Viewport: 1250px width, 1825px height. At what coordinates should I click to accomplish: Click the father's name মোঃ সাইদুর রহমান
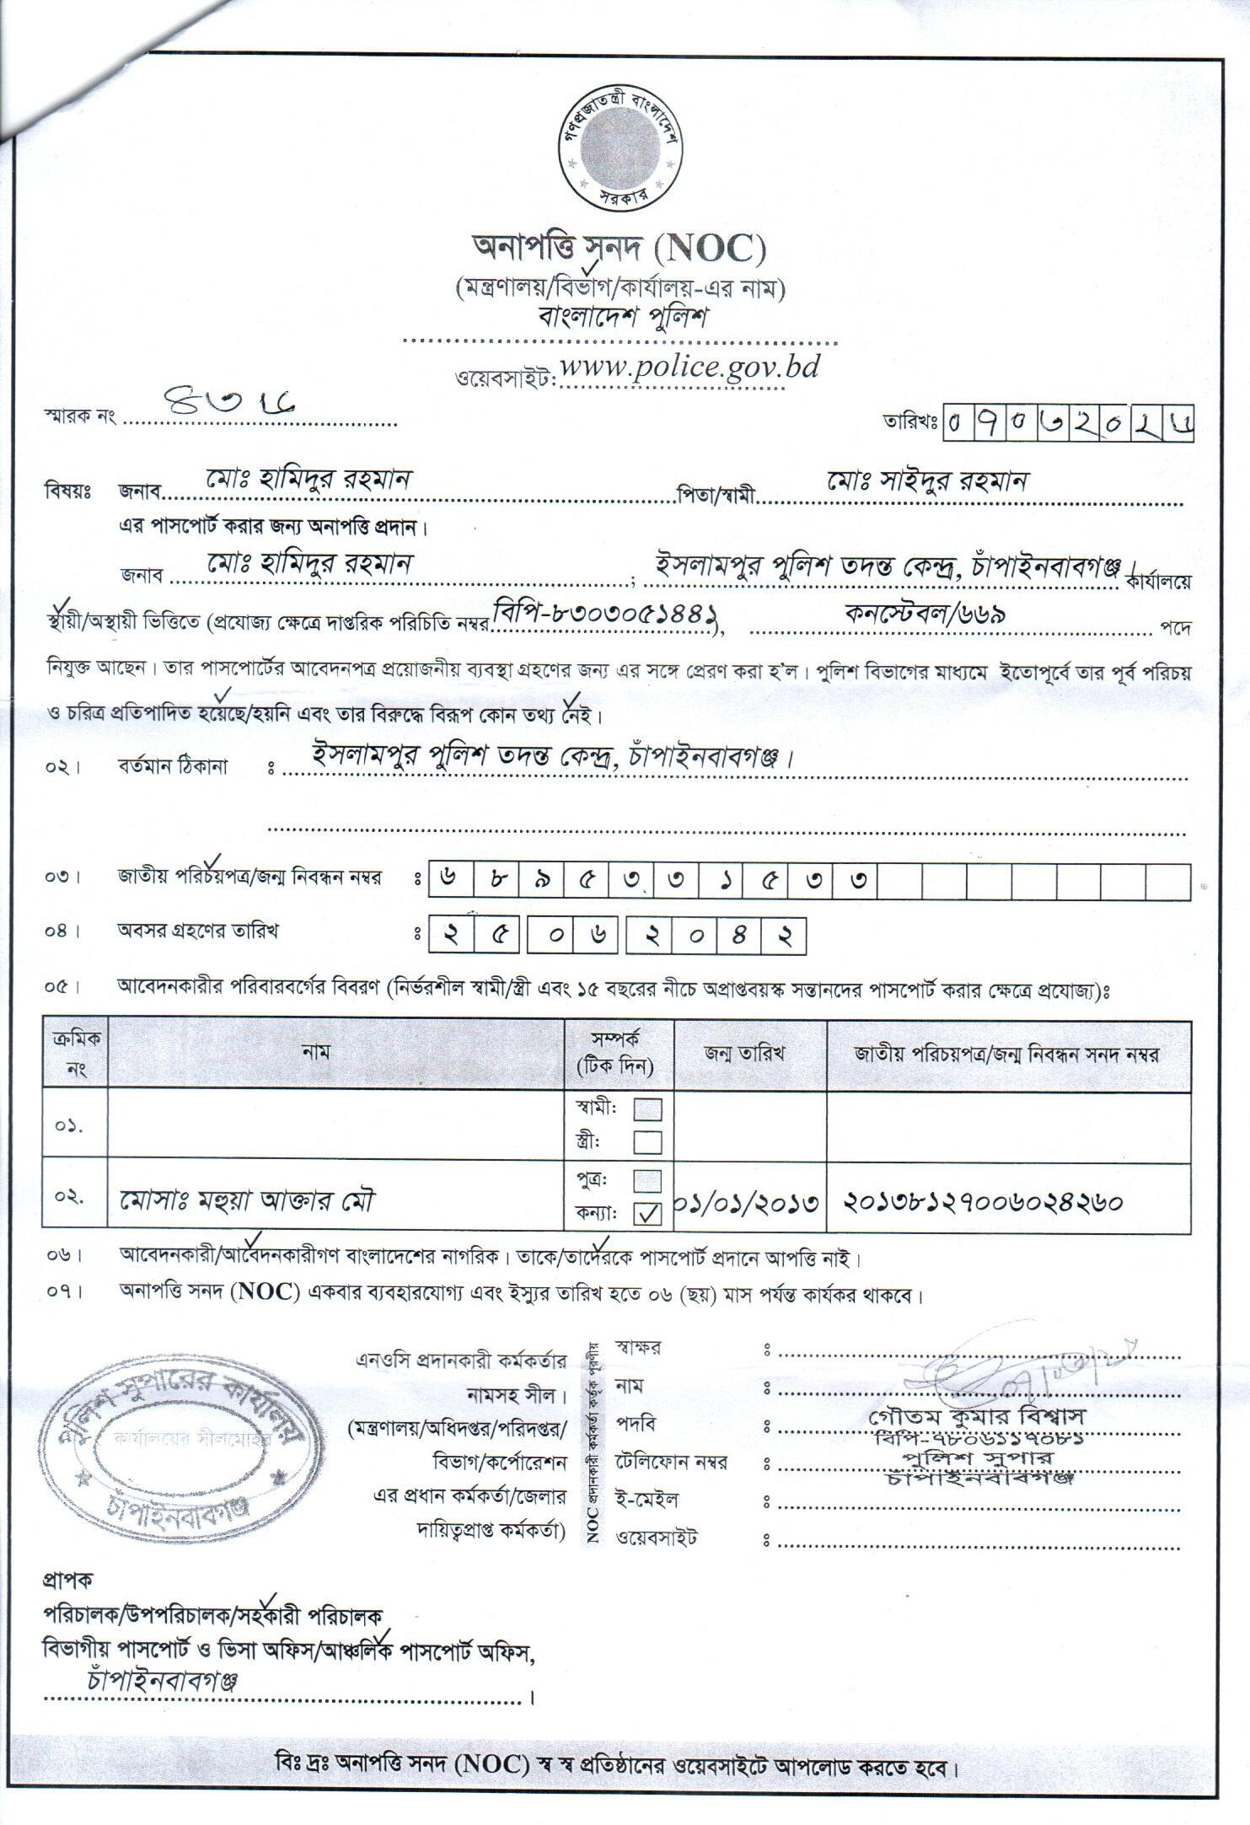click(x=927, y=481)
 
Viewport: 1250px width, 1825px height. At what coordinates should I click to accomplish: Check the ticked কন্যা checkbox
click(x=647, y=1214)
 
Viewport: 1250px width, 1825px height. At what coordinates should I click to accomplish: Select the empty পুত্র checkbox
click(x=647, y=1180)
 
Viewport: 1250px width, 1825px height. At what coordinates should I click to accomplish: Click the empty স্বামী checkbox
click(x=647, y=1109)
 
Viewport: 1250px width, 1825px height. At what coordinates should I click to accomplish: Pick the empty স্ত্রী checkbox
click(x=647, y=1142)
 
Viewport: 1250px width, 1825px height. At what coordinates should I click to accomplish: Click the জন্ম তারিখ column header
click(x=745, y=1054)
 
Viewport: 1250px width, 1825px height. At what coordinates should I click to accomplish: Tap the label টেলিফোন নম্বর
click(x=671, y=1462)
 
